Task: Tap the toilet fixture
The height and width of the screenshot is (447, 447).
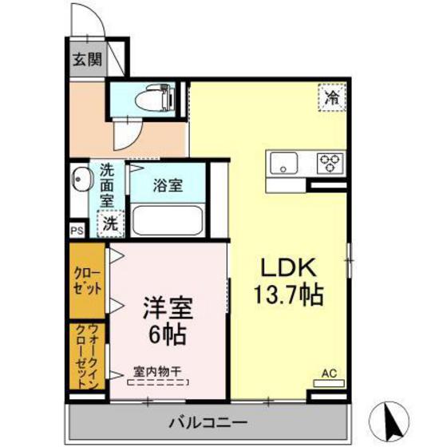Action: (x=151, y=100)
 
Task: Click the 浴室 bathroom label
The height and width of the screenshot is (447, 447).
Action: (x=168, y=186)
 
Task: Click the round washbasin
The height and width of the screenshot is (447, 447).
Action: (x=80, y=178)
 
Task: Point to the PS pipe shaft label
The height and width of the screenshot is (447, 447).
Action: (x=77, y=231)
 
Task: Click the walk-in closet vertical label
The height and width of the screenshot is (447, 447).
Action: (x=86, y=356)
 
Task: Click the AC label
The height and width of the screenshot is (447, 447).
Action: (x=328, y=373)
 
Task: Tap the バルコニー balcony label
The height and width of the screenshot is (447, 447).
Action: (x=207, y=421)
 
